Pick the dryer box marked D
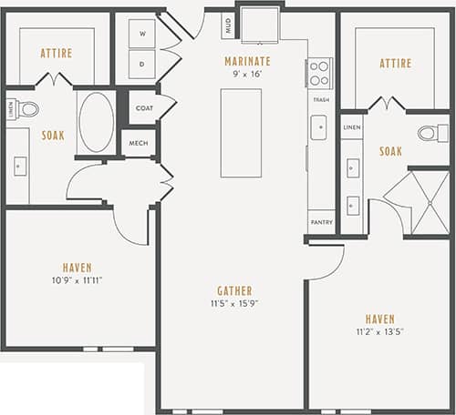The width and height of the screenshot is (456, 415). [143, 65]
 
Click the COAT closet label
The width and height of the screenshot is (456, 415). [144, 107]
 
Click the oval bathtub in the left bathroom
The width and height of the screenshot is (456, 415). [96, 122]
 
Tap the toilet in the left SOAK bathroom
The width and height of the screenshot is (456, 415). [26, 110]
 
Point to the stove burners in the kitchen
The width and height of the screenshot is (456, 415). [319, 72]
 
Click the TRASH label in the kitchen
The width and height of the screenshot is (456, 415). [320, 99]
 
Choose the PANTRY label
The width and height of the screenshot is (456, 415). [320, 222]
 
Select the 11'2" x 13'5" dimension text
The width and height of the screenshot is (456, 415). [381, 332]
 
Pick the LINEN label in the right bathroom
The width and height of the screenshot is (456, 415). [352, 127]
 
